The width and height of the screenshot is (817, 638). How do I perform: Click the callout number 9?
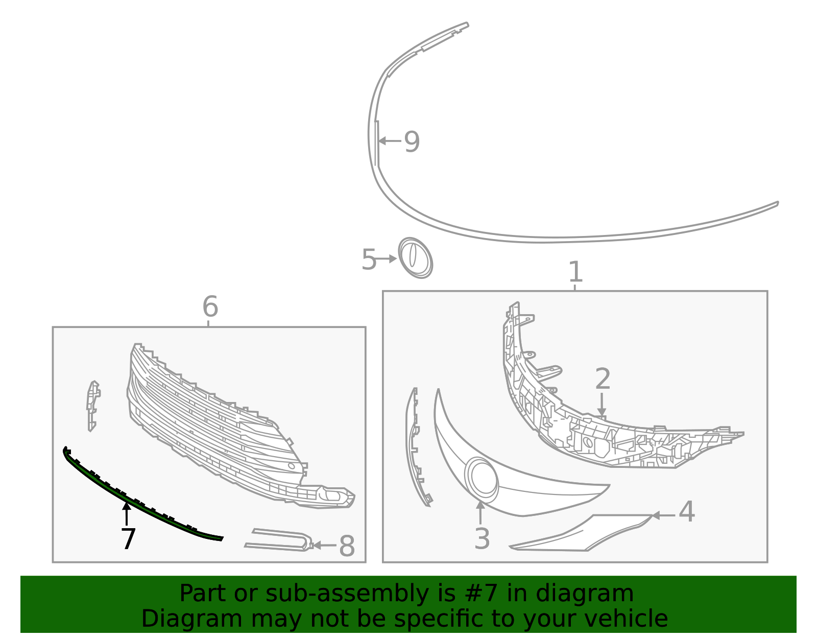point(412,141)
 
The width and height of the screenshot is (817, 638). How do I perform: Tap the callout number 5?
point(369,259)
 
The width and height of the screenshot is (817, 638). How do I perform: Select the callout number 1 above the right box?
point(575,271)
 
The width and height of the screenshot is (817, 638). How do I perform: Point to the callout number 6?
point(210,306)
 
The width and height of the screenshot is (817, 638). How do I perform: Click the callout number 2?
point(603,379)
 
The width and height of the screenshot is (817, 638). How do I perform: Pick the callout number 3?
point(482,538)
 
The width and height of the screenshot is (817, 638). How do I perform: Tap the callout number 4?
point(687,511)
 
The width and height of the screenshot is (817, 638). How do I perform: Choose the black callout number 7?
point(128,538)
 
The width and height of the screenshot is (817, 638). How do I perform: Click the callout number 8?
point(347,546)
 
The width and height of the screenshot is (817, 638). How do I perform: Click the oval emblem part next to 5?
point(416,258)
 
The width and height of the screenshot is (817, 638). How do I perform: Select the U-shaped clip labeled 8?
point(278,540)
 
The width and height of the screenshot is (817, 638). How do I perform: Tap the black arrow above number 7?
point(127,513)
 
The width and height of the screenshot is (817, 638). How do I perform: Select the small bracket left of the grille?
point(93,406)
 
